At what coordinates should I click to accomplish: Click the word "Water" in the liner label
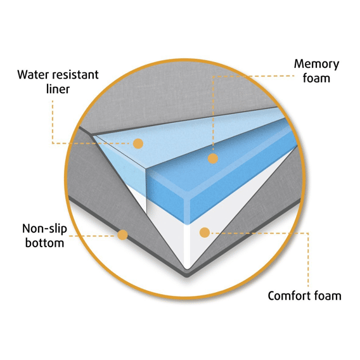pos(33,75)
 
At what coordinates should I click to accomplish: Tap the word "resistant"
pos(75,75)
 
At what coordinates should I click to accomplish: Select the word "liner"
pos(58,89)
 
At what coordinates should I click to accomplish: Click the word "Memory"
pos(316,65)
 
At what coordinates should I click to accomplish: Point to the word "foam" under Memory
pos(316,78)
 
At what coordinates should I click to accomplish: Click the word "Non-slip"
pos(44,229)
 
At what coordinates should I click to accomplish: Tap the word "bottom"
pos(44,243)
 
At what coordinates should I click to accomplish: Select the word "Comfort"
pos(288,296)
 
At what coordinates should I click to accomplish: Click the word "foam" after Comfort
pos(328,296)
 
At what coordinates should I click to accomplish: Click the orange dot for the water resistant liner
pos(138,143)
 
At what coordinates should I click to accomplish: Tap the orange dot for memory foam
pos(213,158)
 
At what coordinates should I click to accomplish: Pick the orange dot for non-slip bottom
pos(122,235)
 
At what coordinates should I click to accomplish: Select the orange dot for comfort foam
pos(205,233)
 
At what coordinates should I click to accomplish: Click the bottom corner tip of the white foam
pos(187,269)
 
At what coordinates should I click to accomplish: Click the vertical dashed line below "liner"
pos(53,122)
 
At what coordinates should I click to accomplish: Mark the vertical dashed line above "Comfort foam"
pos(308,260)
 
